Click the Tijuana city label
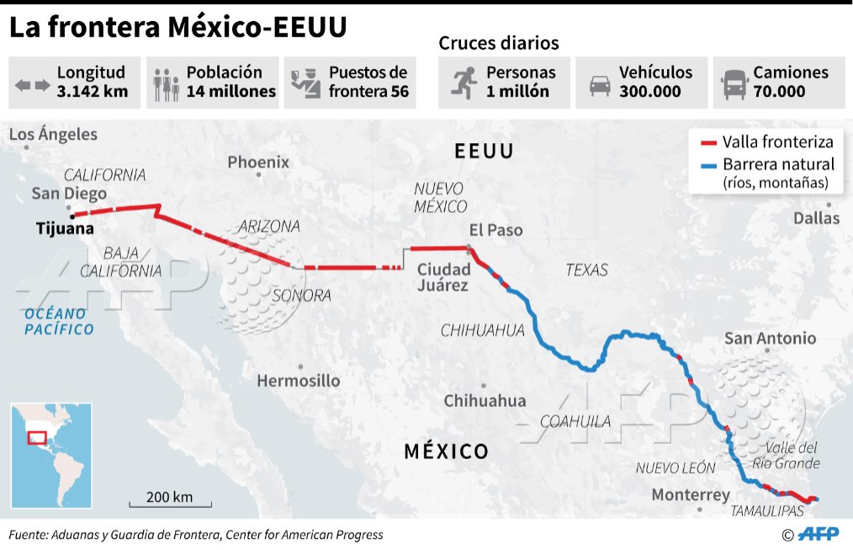[65, 227]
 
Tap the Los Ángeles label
[53, 134]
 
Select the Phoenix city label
[258, 162]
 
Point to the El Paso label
[495, 230]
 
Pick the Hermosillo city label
[298, 381]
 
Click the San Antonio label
[770, 339]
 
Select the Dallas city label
[816, 218]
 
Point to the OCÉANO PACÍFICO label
[58, 321]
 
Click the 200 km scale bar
[169, 504]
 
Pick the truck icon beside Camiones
[734, 83]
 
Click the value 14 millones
[231, 92]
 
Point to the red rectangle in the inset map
[37, 437]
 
